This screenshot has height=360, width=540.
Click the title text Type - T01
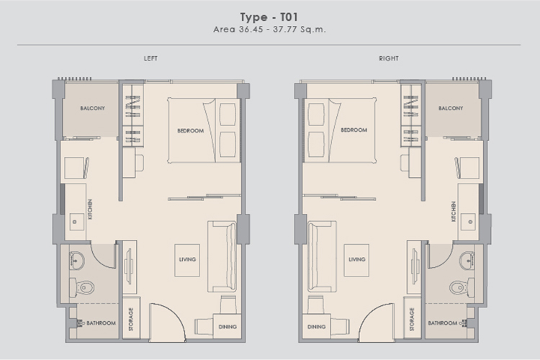tap(269, 17)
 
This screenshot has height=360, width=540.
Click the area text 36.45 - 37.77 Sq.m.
tap(282, 30)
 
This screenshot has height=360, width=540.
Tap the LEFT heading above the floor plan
tap(150, 58)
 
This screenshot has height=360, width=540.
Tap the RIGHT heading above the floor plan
tap(389, 58)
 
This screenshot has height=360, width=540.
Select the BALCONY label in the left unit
tap(93, 108)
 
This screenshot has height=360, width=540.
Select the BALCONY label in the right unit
tap(451, 108)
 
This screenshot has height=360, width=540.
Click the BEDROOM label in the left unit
tap(191, 130)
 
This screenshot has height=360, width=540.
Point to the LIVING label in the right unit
tap(357, 259)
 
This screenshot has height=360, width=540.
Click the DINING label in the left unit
tap(228, 327)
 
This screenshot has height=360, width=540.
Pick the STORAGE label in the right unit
tap(412, 320)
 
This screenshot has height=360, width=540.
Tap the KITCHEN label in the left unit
tap(90, 209)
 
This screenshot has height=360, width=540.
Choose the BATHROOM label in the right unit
tap(443, 323)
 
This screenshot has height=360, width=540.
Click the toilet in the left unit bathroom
tap(82, 287)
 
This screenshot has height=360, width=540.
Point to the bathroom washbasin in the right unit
tap(467, 260)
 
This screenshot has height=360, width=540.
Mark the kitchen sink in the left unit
tap(76, 222)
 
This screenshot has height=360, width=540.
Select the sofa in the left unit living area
tap(222, 256)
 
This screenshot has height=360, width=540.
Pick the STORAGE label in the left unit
tap(131, 320)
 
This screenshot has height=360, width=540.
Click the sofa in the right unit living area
tap(322, 256)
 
